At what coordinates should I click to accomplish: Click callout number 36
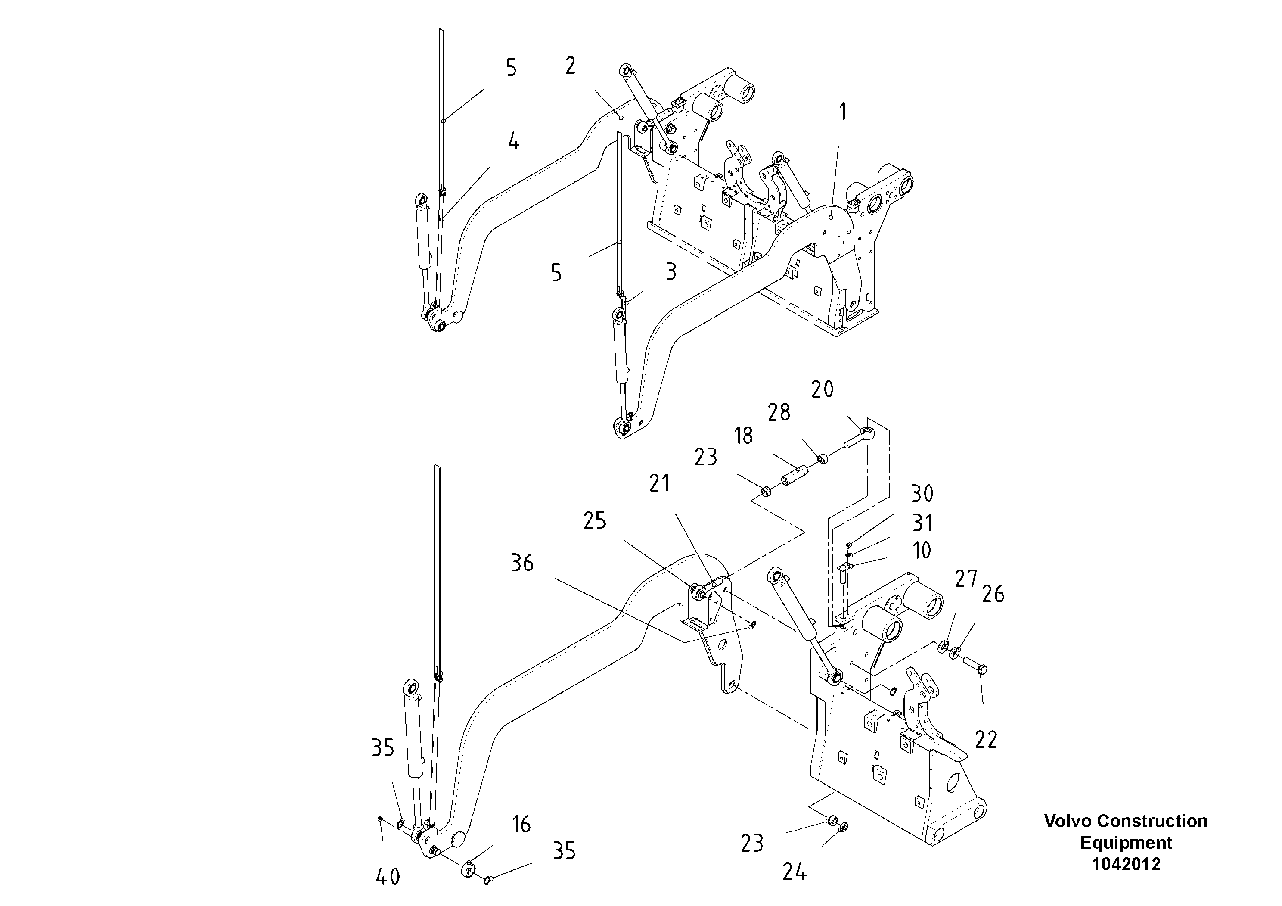(522, 563)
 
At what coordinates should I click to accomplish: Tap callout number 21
(659, 483)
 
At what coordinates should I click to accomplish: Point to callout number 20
(822, 389)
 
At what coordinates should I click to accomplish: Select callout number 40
(388, 877)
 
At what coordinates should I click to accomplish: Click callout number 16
(521, 825)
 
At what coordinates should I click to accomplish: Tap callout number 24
(794, 872)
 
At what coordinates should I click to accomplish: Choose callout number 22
(986, 740)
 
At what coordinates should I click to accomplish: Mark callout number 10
(921, 550)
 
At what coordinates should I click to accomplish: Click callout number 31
(922, 523)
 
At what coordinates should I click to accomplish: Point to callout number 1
(843, 112)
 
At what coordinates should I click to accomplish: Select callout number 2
(570, 66)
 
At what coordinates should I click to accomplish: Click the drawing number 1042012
(1126, 864)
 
